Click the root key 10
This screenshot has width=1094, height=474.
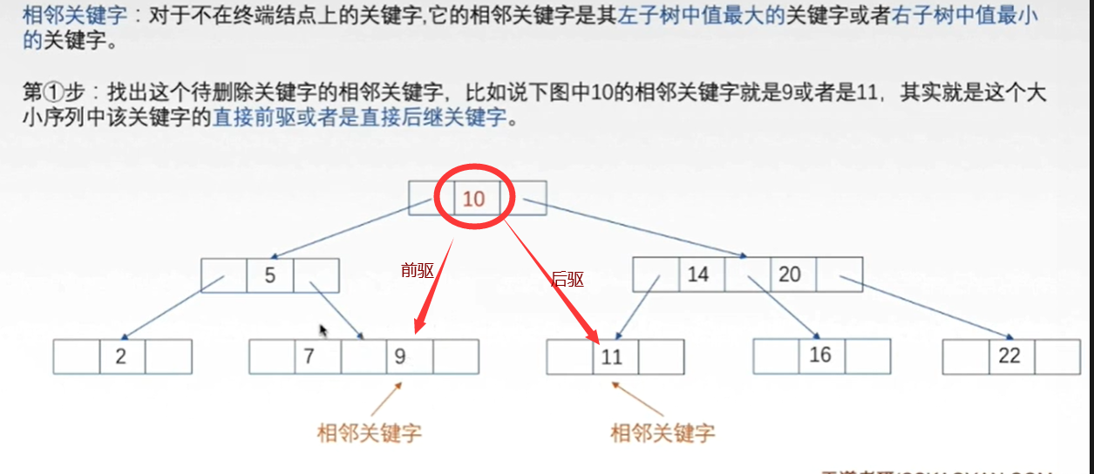tap(473, 199)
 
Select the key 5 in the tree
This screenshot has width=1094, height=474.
tap(270, 275)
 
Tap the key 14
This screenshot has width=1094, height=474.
tap(698, 274)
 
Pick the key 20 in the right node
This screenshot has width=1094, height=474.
tap(790, 274)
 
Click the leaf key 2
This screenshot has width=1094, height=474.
tap(121, 356)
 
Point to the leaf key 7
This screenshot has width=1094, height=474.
tap(309, 356)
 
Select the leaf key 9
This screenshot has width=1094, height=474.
tap(400, 356)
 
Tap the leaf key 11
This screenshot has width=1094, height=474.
tap(612, 356)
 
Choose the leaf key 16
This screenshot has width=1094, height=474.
tap(820, 355)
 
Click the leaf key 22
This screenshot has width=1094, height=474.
tap(1009, 355)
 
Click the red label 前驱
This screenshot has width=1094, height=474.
tap(418, 270)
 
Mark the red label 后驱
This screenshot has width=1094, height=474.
tap(567, 280)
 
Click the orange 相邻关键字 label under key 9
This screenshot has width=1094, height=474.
tap(370, 432)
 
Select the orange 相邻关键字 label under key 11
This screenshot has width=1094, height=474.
tap(663, 432)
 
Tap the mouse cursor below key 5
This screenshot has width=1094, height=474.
tap(324, 331)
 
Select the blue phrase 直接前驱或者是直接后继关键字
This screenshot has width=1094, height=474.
tap(359, 118)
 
